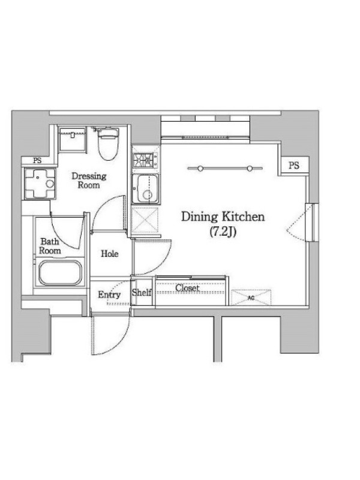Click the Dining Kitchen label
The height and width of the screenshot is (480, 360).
tap(223, 217)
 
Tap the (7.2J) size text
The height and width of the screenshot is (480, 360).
tap(223, 232)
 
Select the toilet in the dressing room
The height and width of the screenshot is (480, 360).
tap(108, 143)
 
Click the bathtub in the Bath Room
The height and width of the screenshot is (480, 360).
tap(61, 273)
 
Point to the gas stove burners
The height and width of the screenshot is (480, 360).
tap(145, 159)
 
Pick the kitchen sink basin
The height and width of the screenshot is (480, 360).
tap(146, 188)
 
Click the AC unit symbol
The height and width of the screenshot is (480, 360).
tap(251, 297)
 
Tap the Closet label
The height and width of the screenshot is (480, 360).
tap(187, 288)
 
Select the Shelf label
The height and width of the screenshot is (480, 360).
tap(142, 292)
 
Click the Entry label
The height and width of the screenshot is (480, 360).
tap(109, 295)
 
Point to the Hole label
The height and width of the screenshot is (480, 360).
tap(110, 253)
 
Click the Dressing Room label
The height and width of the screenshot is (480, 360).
tap(89, 181)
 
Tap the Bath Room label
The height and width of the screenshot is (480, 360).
tap(50, 246)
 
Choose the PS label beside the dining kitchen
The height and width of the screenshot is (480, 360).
tap(294, 166)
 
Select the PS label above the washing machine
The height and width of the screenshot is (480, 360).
tap(37, 161)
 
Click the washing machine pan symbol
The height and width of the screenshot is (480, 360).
tap(40, 184)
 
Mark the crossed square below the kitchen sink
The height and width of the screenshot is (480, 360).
tap(145, 220)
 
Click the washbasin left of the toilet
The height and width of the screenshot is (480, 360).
tap(73, 139)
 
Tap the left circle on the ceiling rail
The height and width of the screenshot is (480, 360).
tap(200, 168)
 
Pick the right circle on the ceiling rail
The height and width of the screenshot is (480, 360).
tap(250, 168)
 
